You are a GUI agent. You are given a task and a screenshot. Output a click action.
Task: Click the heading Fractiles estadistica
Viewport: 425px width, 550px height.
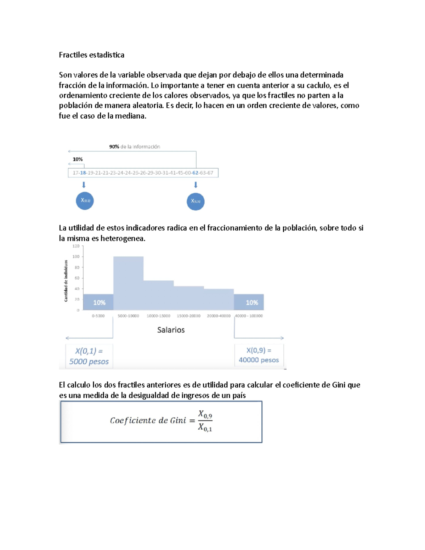91,55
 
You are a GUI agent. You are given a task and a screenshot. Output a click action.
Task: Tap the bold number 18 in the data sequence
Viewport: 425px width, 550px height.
83,173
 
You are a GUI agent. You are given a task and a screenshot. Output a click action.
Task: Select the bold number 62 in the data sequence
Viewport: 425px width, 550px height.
195,173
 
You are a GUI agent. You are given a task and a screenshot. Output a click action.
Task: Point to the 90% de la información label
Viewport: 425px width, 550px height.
135,147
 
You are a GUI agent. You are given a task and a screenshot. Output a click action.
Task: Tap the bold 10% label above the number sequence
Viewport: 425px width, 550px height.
78,159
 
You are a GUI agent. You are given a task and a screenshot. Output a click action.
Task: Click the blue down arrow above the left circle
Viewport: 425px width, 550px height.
84,185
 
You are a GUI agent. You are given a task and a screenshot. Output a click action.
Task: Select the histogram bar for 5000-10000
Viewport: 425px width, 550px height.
128,283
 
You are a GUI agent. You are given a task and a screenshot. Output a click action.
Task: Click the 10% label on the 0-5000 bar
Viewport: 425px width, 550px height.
99,302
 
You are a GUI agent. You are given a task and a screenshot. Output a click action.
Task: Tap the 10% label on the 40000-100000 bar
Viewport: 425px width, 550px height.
252,302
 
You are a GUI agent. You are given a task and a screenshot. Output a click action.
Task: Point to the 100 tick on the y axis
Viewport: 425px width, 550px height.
76,256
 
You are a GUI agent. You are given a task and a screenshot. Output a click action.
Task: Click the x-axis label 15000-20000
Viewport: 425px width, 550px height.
188,316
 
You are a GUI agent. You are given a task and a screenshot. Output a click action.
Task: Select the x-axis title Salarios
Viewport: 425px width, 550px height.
171,330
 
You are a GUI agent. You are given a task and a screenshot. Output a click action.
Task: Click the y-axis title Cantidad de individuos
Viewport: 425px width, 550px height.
66,280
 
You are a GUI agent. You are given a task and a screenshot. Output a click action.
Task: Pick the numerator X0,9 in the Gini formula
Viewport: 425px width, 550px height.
205,414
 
